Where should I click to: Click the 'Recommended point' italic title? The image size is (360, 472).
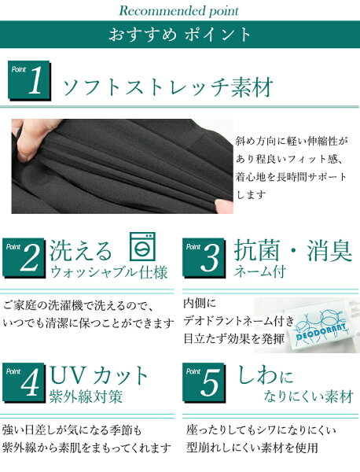[x=179, y=10]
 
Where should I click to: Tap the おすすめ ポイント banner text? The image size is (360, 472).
[x=179, y=35]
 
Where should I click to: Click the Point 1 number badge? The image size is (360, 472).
[x=29, y=81]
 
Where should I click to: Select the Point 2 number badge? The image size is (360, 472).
[x=24, y=258]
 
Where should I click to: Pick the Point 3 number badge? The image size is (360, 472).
[x=204, y=258]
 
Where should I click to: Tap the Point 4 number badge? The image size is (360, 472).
[x=24, y=382]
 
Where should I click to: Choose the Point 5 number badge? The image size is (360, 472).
[x=204, y=382]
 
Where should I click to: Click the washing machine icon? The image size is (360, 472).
[x=142, y=246]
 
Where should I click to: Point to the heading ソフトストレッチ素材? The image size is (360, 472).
[x=168, y=87]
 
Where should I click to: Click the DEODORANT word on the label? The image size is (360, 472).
[x=321, y=331]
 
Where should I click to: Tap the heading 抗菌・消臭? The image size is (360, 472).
[x=293, y=250]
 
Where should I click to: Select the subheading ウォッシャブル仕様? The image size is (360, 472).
[x=109, y=272]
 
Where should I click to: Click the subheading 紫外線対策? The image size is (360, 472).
[x=86, y=396]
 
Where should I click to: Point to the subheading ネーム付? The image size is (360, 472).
[x=259, y=271]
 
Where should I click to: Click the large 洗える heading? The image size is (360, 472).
[x=81, y=251]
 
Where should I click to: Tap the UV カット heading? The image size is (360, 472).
[x=99, y=375]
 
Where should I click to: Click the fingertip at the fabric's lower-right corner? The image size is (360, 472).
[x=224, y=206]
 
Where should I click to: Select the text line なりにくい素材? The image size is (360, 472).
[x=309, y=396]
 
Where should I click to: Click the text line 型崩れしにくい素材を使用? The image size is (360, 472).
[x=252, y=448]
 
